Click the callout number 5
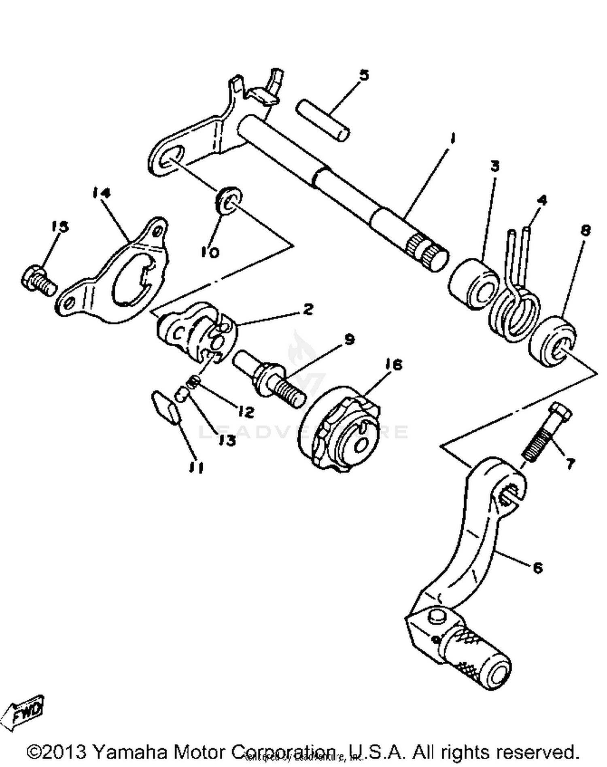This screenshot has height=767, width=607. tap(364, 75)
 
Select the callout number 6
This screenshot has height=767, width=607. tap(537, 568)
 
